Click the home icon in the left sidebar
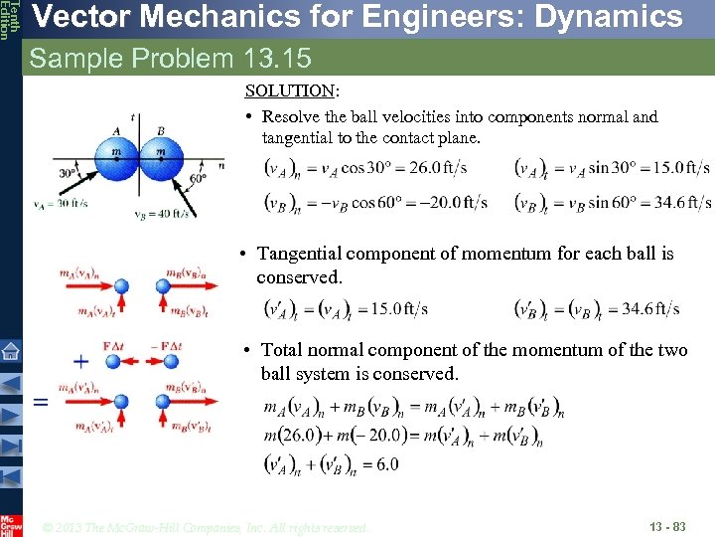tap(11, 351)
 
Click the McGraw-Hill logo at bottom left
tap(11, 524)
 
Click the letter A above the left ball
tap(117, 131)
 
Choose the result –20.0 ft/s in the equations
tap(452, 202)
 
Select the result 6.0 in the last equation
tap(386, 464)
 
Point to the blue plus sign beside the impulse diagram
tap(81, 362)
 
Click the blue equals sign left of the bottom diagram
tap(41, 402)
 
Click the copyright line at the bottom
tap(207, 527)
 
